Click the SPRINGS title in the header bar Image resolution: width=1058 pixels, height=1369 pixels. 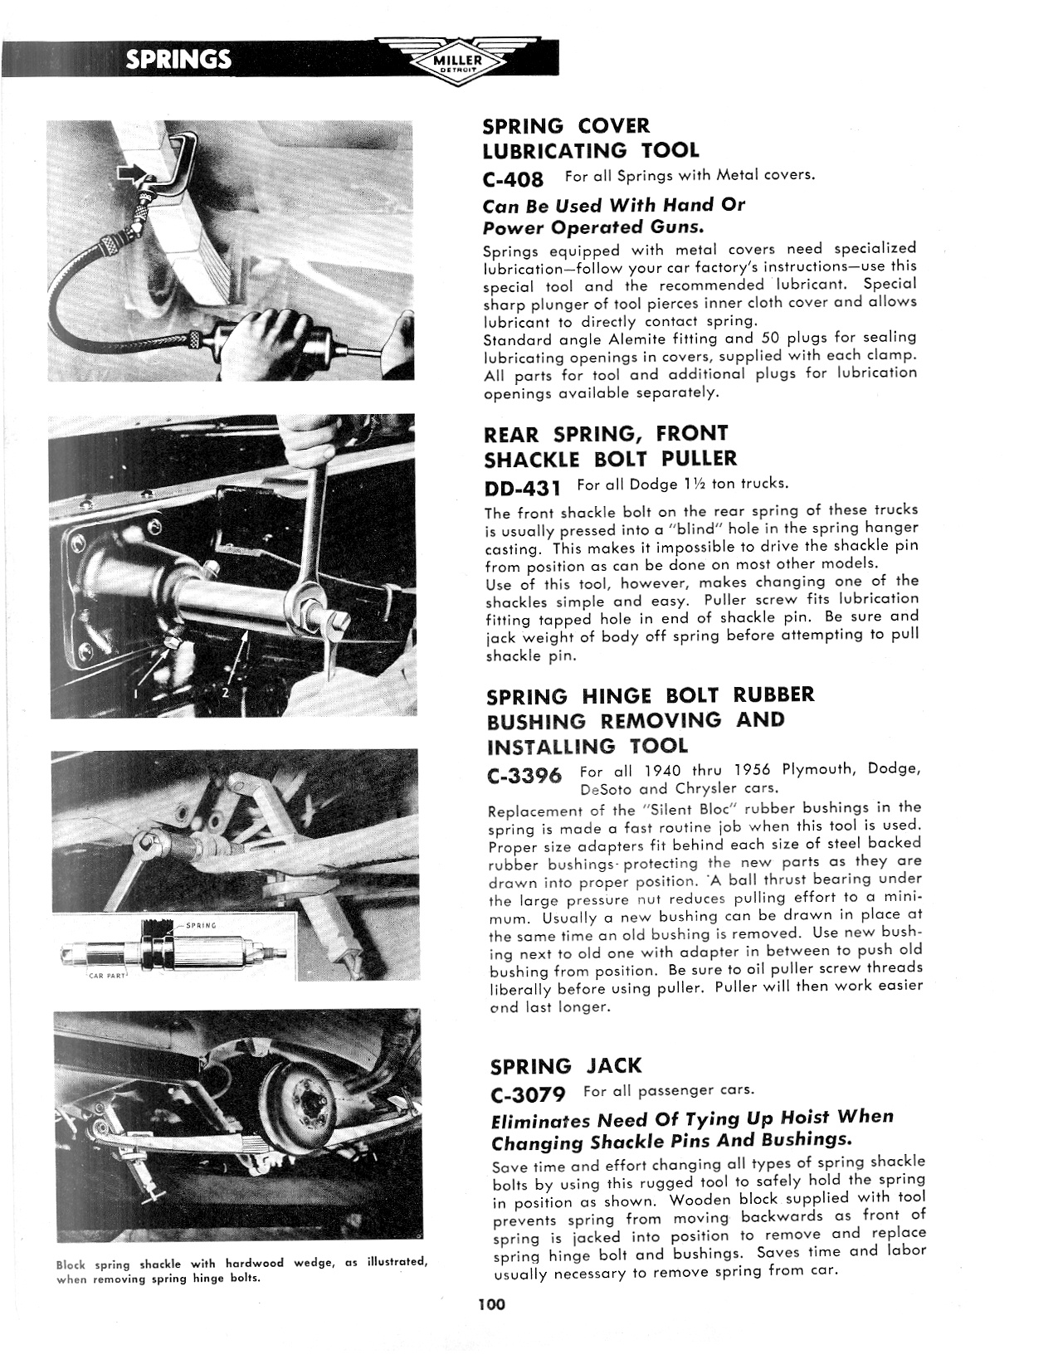178,59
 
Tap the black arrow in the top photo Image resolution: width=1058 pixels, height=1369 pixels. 131,173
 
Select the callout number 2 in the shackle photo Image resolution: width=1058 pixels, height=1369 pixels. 224,694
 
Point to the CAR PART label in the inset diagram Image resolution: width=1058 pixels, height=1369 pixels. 107,975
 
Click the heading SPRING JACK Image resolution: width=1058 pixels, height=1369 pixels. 566,1066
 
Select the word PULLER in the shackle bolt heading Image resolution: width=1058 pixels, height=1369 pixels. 699,458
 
